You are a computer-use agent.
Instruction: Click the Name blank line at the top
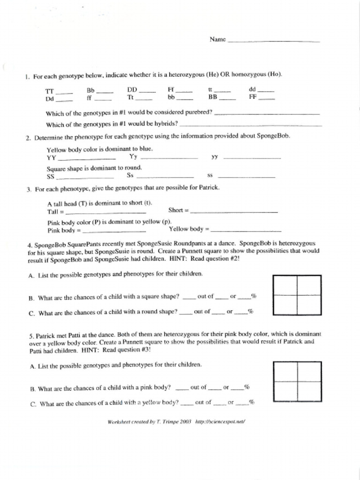coord(273,41)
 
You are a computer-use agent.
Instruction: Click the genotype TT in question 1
coord(50,91)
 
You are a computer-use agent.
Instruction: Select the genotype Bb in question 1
coord(90,90)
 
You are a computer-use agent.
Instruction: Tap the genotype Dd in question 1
coord(50,99)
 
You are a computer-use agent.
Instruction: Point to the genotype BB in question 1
coord(213,98)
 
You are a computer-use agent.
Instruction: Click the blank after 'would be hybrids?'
coord(251,125)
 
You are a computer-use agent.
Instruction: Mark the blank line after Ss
coord(165,177)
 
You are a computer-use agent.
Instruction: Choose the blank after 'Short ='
coord(234,212)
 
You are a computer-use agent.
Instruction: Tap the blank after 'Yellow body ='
coord(246,231)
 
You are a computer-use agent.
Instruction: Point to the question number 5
coord(30,335)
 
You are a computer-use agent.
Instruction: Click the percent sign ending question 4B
coord(254,296)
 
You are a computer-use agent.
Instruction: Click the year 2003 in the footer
coord(185,421)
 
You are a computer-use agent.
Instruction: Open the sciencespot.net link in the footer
coord(220,421)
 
